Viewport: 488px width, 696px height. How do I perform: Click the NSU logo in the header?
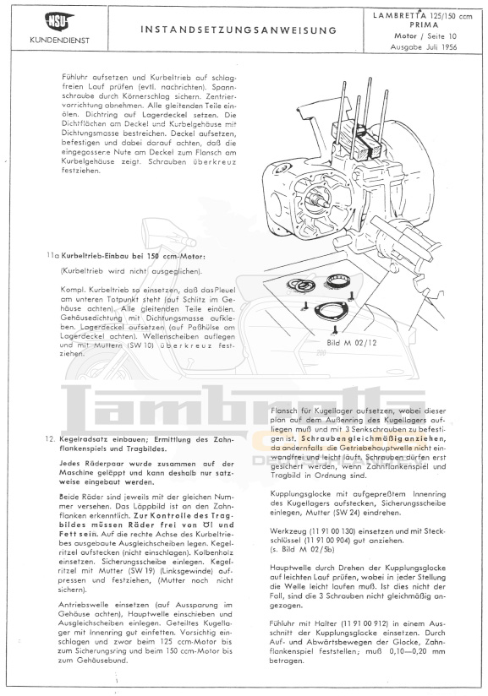(x=59, y=21)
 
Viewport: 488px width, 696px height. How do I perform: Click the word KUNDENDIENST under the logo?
(x=59, y=41)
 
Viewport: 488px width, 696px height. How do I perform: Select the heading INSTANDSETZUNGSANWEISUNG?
(x=239, y=30)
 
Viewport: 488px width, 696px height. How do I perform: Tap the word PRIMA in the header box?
(x=424, y=25)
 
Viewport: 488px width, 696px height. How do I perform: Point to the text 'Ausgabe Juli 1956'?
(x=424, y=47)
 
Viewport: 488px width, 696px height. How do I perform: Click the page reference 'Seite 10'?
(x=441, y=36)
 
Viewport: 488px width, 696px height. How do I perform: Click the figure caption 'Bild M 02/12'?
(x=351, y=343)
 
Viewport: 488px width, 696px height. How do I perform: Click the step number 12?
(x=50, y=439)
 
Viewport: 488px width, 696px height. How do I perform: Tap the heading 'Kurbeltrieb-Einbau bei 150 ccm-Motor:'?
(x=133, y=256)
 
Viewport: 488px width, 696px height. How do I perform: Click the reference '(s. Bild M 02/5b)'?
(x=302, y=550)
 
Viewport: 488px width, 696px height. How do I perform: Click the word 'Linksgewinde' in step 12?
(x=184, y=571)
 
